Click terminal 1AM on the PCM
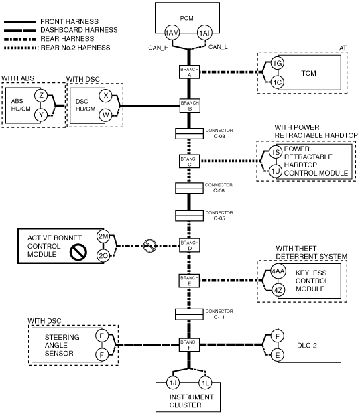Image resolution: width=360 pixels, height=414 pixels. [x=172, y=33]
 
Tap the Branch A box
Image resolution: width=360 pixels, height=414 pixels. [x=189, y=72]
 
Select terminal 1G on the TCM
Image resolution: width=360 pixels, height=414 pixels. [x=278, y=64]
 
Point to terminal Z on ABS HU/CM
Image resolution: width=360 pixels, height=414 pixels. [x=41, y=96]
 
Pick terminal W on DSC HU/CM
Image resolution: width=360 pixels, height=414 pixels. [x=105, y=115]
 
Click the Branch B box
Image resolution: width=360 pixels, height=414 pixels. [x=190, y=105]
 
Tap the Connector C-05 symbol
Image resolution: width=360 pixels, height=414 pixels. [x=189, y=216]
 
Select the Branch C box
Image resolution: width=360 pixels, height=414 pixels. [x=189, y=161]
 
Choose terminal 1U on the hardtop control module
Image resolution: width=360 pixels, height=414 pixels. [x=276, y=171]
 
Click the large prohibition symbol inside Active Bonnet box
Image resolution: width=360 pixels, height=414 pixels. [x=78, y=252]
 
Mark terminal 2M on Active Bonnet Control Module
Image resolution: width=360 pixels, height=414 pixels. [x=103, y=236]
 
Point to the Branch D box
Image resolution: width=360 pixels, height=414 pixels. [x=190, y=245]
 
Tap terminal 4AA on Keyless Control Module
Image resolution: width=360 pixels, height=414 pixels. [x=278, y=271]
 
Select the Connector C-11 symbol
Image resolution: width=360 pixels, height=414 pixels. [x=189, y=314]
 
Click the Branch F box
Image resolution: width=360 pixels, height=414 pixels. [x=189, y=344]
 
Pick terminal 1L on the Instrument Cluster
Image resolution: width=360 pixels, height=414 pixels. [x=205, y=383]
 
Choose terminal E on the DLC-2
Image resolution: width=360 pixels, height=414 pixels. [x=278, y=355]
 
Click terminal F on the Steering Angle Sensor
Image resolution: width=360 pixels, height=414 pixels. [x=102, y=355]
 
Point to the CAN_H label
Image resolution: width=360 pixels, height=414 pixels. [x=158, y=48]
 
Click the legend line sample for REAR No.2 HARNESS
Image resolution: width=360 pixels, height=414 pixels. [x=20, y=48]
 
